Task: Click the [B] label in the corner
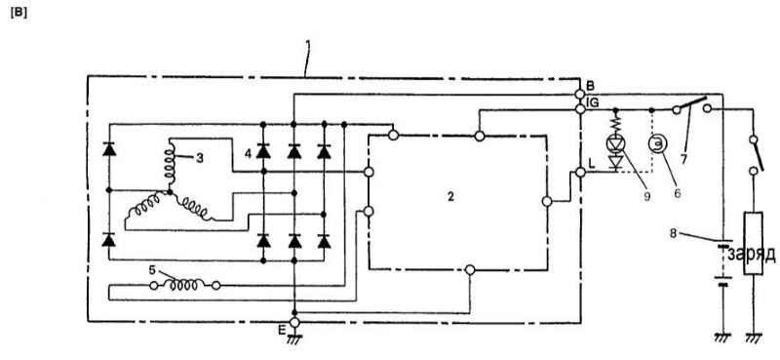pos(19,13)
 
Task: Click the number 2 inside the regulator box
pos(450,197)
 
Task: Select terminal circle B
pos(579,94)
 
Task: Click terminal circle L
pos(579,173)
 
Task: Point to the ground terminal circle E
pos(294,323)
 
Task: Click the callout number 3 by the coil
pos(200,158)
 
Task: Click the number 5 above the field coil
pos(152,270)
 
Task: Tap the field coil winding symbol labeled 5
pos(185,285)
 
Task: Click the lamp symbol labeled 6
pos(656,143)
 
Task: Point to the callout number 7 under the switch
pos(683,160)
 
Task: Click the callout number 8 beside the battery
pos(673,232)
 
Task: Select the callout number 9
pos(646,196)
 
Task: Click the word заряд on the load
pos(752,255)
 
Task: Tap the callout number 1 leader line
pos(307,58)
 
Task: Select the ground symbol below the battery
pos(723,339)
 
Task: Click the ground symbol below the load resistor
pos(754,339)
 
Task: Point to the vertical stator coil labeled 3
pos(169,164)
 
